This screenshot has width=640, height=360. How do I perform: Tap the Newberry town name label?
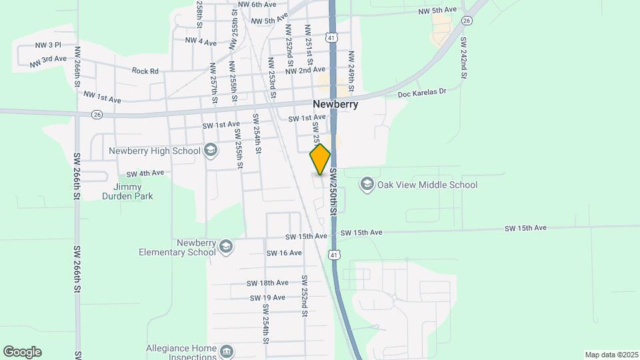point(335,105)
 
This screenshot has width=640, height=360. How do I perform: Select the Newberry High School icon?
point(211,150)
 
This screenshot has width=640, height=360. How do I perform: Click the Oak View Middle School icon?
point(366,184)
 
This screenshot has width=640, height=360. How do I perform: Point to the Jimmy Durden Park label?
point(128,191)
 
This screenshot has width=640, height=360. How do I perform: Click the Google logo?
point(22,352)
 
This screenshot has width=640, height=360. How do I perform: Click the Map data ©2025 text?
point(611,355)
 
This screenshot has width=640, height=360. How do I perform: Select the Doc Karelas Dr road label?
point(421,93)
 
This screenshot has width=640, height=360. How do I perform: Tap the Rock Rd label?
point(145,71)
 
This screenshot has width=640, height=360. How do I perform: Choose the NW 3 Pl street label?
point(47,45)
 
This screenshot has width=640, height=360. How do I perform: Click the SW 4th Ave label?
point(145,173)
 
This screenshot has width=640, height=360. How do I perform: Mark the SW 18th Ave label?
point(267,283)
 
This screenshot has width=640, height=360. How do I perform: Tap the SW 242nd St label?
point(463,58)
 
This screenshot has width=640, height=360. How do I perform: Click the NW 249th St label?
point(351,72)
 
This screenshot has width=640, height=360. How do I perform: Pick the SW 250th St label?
point(333,191)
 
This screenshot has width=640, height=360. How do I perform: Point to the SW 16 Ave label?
point(284,253)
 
